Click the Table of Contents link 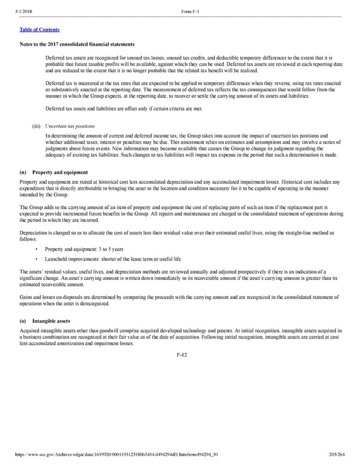[40, 29]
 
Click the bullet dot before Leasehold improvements [37, 259]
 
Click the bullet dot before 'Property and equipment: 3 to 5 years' [37, 249]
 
